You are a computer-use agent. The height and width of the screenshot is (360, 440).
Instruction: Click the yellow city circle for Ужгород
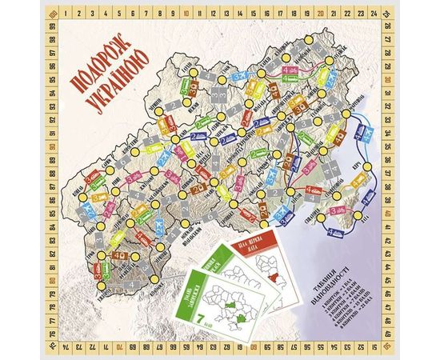102,283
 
